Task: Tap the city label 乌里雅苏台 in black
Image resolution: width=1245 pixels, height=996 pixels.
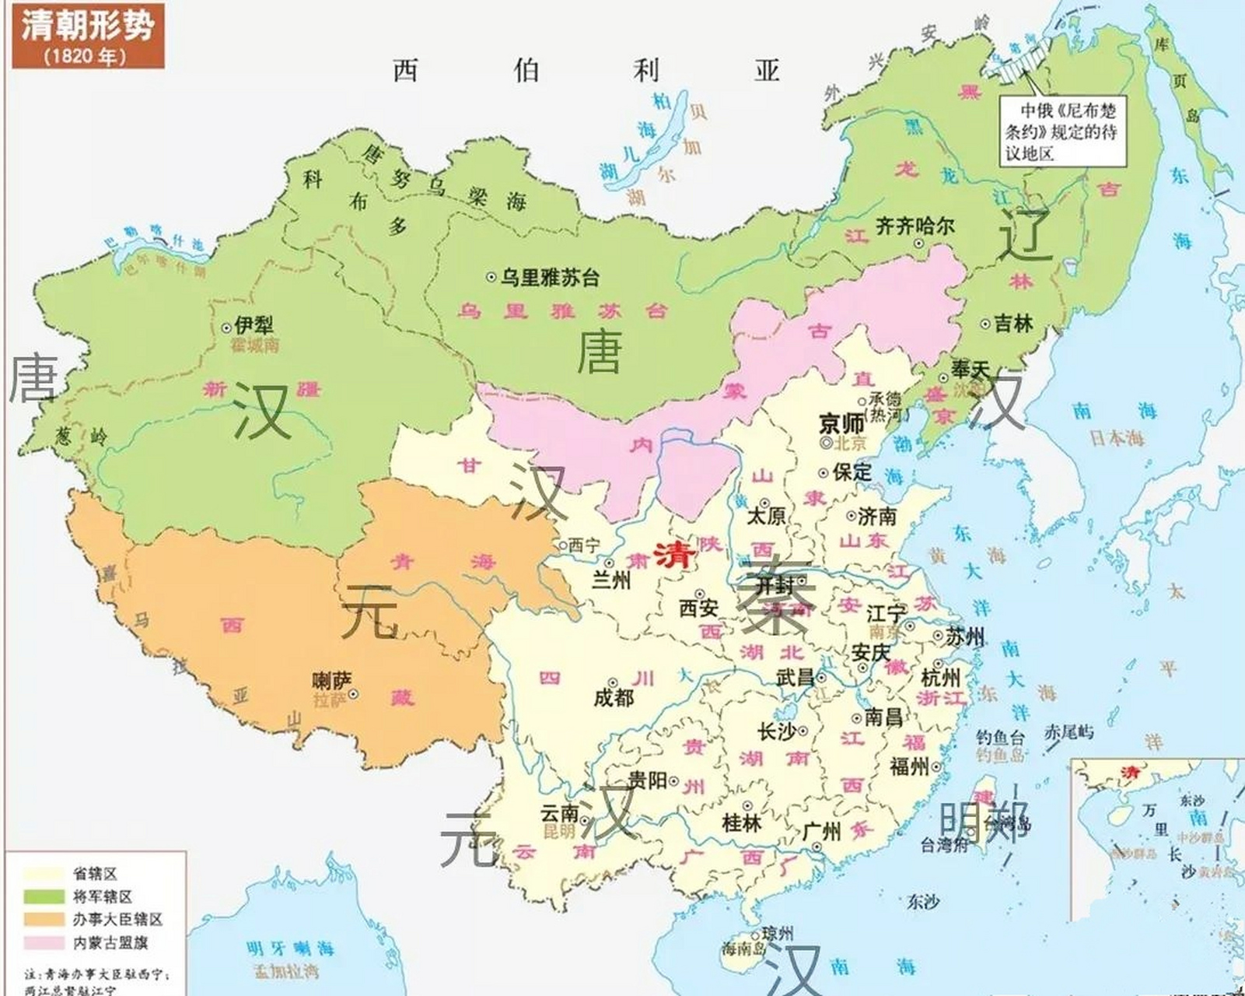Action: point(549,276)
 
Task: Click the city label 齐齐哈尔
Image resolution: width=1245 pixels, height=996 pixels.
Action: point(915,226)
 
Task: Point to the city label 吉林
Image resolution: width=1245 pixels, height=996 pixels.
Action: point(1013,323)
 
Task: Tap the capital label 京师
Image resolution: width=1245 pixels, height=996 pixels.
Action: point(841,424)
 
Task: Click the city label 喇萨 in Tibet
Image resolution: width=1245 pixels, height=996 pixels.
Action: point(332,682)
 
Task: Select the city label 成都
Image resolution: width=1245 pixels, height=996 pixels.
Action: point(614,697)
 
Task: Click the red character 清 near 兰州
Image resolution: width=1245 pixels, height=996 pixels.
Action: point(673,554)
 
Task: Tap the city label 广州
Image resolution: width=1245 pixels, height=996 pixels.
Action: point(821,832)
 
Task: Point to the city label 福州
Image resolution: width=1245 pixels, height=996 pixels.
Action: point(909,766)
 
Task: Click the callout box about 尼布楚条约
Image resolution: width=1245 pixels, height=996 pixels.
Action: point(1062,131)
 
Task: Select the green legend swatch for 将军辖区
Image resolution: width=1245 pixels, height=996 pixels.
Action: point(44,896)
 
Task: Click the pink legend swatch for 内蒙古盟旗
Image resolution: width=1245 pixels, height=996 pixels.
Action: point(44,943)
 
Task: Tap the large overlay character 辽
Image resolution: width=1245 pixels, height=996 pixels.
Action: point(1025,236)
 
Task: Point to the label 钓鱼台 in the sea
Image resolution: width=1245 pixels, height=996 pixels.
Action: point(1001,737)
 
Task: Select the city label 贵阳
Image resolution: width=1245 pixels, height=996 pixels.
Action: point(647,780)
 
